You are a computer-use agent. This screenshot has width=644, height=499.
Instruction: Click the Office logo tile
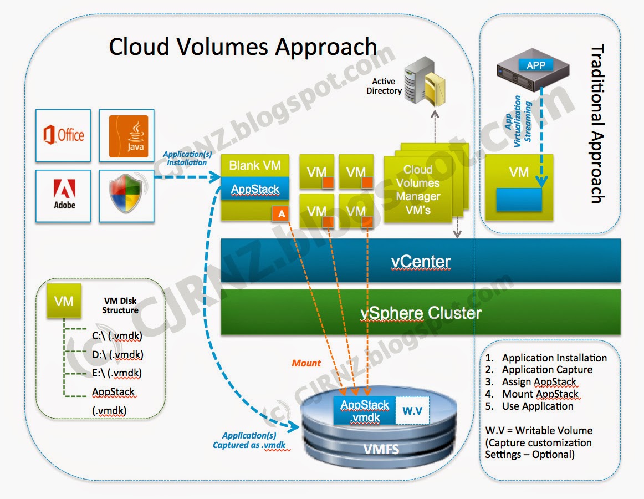point(63,135)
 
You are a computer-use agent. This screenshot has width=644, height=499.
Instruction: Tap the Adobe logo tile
point(63,196)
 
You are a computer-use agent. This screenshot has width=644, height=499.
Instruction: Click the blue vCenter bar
point(421,261)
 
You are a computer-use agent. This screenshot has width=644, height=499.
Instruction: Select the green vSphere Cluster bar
point(421,313)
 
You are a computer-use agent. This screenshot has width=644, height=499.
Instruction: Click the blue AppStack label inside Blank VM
point(255,190)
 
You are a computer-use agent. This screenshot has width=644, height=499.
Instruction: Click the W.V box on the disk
point(412,411)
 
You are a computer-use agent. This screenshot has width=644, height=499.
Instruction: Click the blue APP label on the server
point(535,65)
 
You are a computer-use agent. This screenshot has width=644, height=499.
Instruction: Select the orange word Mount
point(306,363)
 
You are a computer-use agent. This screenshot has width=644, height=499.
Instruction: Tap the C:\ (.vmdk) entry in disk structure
point(117,335)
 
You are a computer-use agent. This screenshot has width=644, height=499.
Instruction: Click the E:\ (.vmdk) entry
point(117,373)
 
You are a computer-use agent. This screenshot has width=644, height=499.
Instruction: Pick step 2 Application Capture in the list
point(546,370)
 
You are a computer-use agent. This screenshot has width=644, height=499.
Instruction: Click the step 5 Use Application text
point(537,406)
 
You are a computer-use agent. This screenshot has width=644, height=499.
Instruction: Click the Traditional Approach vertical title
point(597,125)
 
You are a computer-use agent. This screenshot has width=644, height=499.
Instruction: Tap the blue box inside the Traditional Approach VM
point(519,200)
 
